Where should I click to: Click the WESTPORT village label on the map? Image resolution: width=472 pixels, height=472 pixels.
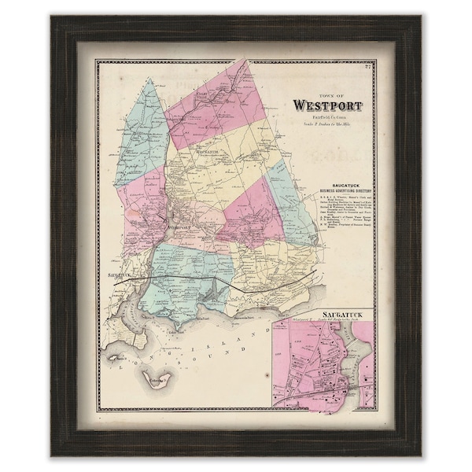[x=182, y=227]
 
